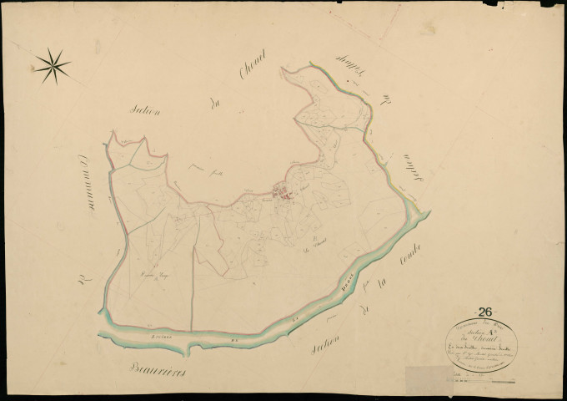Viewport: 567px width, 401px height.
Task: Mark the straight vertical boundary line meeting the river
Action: [x=193, y=276]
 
